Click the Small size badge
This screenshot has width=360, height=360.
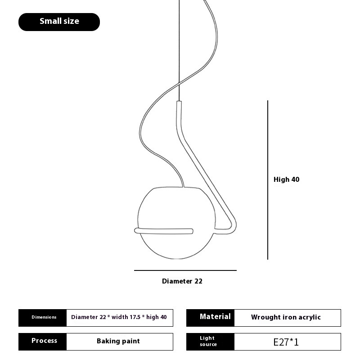(59, 22)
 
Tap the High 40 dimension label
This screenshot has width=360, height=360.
(286, 179)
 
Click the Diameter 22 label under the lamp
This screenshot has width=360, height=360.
(182, 281)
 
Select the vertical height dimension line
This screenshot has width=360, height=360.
(267, 180)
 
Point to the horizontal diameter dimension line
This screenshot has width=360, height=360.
(185, 270)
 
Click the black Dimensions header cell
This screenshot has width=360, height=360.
(42, 318)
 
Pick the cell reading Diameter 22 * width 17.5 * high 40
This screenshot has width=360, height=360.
(120, 318)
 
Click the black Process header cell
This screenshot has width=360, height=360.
(42, 342)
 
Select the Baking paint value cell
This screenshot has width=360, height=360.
(120, 342)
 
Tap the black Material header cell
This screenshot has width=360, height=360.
(210, 318)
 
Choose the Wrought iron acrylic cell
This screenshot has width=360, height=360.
(288, 318)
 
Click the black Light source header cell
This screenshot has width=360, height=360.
(210, 342)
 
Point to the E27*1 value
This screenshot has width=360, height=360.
(286, 342)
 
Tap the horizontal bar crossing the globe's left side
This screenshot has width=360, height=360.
(164, 231)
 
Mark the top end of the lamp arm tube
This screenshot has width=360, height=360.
(179, 102)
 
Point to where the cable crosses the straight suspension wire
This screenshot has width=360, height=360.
(179, 84)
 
